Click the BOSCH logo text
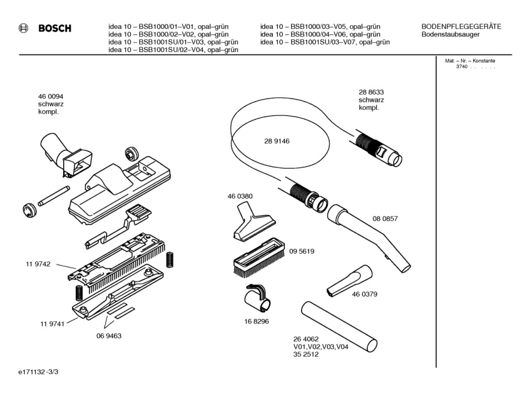55,28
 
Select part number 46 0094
51,97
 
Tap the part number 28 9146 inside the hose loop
277,141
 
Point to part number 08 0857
385,219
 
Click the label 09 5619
302,251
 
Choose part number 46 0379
364,294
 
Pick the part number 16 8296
257,321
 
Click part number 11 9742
38,264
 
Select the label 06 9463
109,336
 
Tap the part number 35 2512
306,354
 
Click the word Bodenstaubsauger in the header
451,34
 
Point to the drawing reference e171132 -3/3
38,372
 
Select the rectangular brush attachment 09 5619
260,256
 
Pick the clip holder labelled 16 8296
258,298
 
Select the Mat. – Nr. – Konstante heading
470,61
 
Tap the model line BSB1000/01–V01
168,26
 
